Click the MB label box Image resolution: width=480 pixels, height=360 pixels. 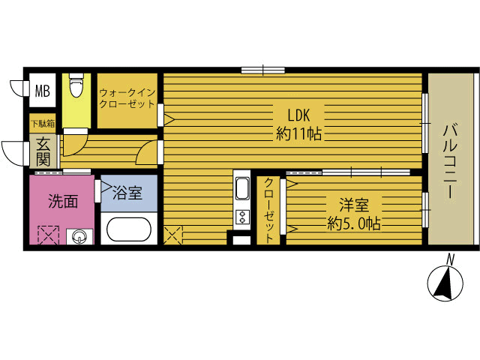tap(43, 91)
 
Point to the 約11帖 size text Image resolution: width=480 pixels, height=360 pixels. tap(298, 135)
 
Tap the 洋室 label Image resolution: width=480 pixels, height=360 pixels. tap(352, 205)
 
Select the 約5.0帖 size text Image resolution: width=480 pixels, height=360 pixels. tap(352, 223)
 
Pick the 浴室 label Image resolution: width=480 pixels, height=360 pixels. tap(127, 193)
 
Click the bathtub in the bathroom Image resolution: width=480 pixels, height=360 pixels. tap(130, 229)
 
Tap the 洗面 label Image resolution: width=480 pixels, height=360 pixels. tap(63, 201)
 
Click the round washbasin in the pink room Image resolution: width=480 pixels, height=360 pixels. tap(79, 238)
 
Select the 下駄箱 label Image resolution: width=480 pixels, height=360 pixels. tap(42, 123)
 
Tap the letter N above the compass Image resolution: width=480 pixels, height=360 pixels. tap(450, 259)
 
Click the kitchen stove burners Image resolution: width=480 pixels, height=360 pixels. tap(243, 217)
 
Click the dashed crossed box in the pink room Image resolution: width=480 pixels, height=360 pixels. tap(47, 236)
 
